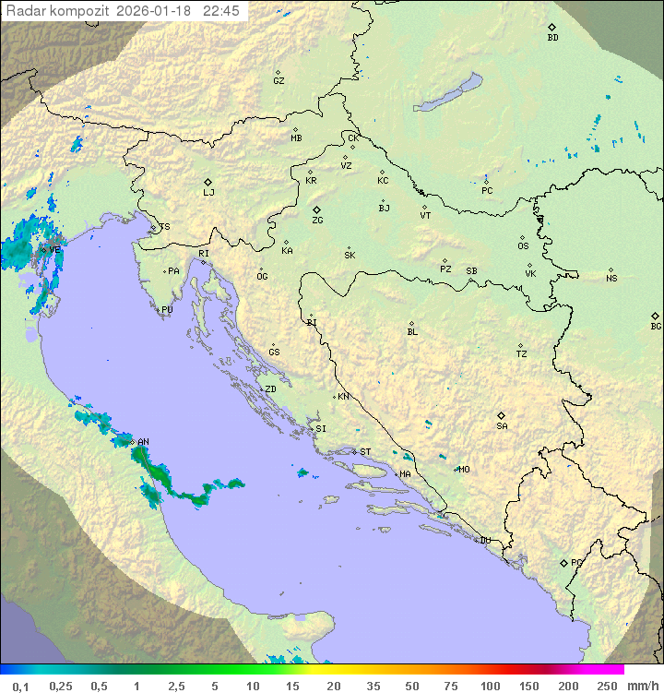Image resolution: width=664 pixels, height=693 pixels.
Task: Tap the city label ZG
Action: point(317,221)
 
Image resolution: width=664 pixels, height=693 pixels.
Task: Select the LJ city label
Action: point(208,193)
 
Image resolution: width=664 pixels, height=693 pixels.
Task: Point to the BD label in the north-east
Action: point(552,38)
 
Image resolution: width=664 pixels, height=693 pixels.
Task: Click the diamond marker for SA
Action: point(502,415)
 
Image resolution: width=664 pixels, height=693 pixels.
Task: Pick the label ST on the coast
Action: point(365,452)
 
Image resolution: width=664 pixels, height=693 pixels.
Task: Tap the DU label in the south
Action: point(484,541)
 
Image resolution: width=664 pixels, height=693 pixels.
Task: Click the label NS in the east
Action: point(611,279)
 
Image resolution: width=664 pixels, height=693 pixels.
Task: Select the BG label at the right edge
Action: point(656,327)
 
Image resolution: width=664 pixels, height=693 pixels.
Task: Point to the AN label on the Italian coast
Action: point(143,442)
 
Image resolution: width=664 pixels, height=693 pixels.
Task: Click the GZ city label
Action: point(279,81)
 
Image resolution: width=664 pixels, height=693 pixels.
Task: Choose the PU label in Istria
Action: point(167,310)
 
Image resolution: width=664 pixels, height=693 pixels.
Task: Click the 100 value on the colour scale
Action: point(490,686)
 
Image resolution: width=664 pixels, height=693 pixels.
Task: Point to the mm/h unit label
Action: point(641,686)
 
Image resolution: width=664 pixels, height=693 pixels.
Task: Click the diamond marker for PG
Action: point(563,562)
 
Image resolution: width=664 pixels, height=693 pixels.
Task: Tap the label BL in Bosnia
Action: point(412,332)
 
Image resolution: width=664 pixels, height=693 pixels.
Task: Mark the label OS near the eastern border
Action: point(523,246)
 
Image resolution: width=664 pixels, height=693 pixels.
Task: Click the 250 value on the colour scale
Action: point(606,686)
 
